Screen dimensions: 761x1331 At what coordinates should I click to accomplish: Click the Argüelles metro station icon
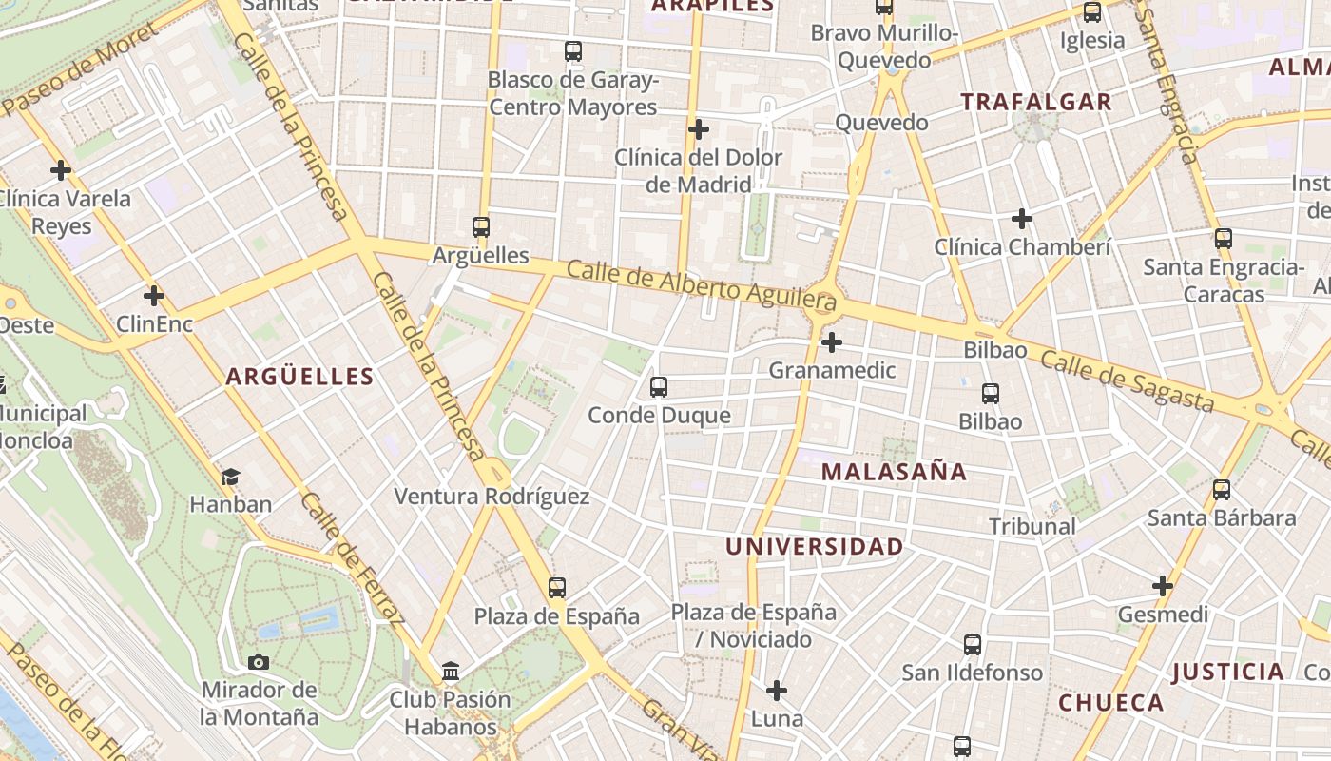[x=481, y=227]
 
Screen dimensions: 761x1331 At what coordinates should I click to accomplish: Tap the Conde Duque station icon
[x=658, y=387]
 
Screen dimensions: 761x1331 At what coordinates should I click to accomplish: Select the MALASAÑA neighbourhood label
[x=894, y=472]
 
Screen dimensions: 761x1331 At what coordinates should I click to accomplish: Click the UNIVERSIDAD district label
[x=814, y=547]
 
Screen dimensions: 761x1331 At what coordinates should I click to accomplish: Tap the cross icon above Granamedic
[x=832, y=342]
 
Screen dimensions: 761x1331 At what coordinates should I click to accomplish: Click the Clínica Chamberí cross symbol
[x=1022, y=219]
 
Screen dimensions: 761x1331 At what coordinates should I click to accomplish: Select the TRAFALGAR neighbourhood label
[x=1035, y=102]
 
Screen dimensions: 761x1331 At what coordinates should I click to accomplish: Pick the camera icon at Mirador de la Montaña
[x=258, y=662]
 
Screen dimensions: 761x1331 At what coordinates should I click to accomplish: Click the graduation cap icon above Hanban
[x=230, y=476]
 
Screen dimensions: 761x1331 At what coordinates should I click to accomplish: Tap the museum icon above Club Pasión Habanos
[x=451, y=673]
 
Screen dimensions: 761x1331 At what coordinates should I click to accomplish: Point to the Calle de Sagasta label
[x=1127, y=380]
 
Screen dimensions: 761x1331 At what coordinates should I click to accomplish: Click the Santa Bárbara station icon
[x=1222, y=490]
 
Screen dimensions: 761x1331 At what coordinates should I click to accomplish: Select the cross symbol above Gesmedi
[x=1163, y=586]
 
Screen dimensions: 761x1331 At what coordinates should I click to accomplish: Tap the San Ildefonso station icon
[x=972, y=645]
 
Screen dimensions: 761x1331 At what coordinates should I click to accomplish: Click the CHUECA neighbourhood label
[x=1110, y=703]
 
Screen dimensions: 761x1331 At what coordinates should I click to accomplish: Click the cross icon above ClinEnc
[x=154, y=295]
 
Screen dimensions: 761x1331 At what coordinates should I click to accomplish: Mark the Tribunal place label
[x=1032, y=526]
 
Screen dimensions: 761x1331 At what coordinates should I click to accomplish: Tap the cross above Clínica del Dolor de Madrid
[x=699, y=129]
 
